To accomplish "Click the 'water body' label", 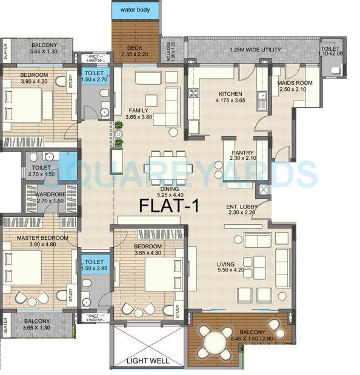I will point(136,10).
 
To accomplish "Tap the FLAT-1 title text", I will point(169,206).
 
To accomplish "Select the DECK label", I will point(135,48).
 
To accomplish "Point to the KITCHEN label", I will point(230,94).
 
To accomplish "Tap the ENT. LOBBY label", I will point(242,207).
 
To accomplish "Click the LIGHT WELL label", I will point(147,361).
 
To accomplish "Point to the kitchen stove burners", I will point(195,93).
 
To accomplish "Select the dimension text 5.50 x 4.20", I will point(230,270).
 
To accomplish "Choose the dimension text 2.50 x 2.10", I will point(293,90).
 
